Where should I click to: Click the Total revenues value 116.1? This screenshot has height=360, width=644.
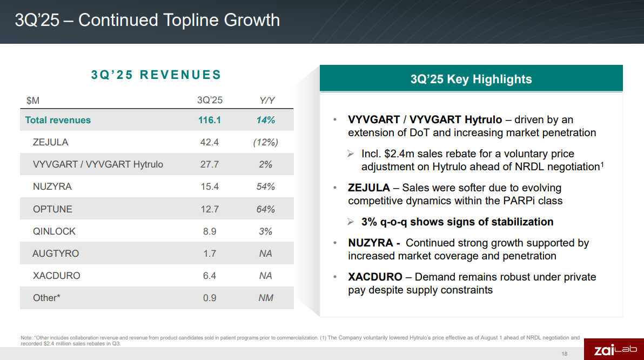coord(210,120)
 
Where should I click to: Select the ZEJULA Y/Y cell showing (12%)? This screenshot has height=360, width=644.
coord(265,142)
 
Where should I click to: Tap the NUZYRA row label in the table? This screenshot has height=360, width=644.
coord(52,186)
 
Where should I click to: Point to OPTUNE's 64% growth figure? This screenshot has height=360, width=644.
coord(265,209)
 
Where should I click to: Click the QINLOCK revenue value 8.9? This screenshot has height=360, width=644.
coord(210,231)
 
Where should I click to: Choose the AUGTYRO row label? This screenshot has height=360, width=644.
coord(56,254)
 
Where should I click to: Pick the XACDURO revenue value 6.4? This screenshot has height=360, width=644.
coord(210,276)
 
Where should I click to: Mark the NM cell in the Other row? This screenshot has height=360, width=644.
coord(265,298)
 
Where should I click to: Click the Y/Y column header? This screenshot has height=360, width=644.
coord(267,100)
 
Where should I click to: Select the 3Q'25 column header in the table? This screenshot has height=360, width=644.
coord(210,100)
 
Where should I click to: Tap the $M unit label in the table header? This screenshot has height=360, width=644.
coord(33,100)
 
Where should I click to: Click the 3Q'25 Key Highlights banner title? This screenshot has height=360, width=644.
coord(471,79)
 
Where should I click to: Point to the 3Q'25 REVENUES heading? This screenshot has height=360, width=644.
coord(156,75)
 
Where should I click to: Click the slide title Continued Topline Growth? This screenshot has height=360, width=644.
coord(147,21)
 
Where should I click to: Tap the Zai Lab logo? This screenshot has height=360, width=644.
coord(614,350)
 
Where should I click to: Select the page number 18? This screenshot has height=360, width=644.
coord(565,354)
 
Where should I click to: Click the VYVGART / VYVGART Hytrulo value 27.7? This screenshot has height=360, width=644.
coord(210,164)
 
